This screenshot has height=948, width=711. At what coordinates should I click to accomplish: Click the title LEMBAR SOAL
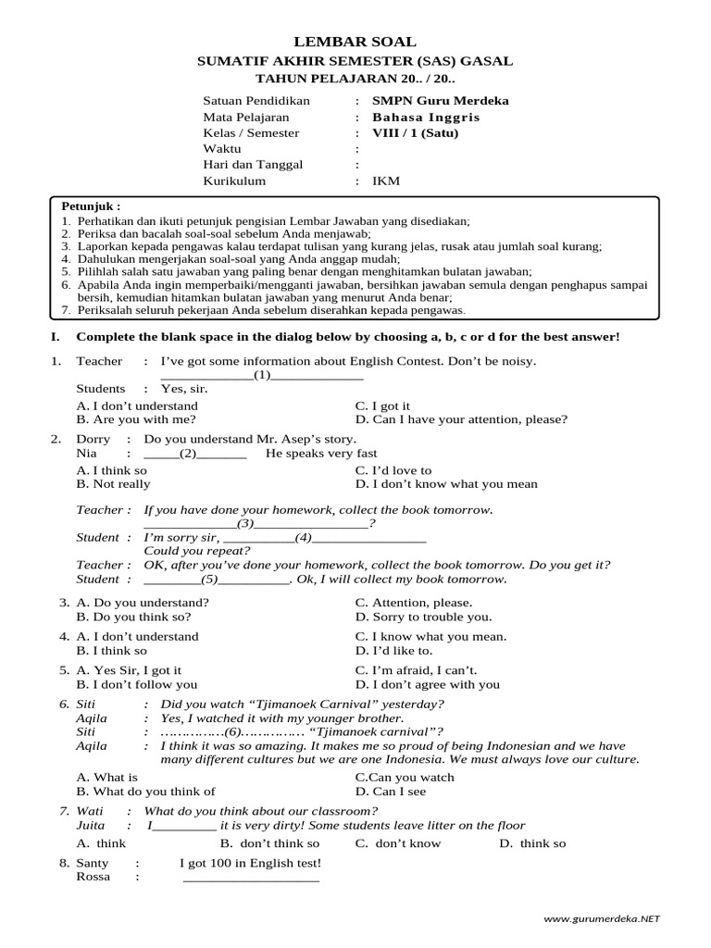355,42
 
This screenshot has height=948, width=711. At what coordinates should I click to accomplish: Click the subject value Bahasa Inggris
426,118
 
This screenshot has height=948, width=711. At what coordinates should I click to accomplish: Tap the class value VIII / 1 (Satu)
415,133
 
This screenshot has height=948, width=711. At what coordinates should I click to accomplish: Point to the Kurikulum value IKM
386,181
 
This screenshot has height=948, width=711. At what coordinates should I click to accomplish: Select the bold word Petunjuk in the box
91,206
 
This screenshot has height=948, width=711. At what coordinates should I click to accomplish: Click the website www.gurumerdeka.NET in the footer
602,918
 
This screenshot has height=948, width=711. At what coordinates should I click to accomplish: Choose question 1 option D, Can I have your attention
461,419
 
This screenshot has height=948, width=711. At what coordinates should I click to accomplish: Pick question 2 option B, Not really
113,484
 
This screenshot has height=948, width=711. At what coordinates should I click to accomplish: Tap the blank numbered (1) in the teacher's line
262,376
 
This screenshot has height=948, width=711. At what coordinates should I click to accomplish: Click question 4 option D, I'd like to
393,651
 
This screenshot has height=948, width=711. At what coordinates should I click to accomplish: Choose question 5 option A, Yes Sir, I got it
129,670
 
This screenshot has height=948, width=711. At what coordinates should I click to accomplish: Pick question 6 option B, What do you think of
145,792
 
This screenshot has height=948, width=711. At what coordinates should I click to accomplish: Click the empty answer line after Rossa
251,879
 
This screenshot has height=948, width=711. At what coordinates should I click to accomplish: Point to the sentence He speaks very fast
321,454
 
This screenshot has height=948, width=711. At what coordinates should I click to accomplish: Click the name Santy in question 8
93,863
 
